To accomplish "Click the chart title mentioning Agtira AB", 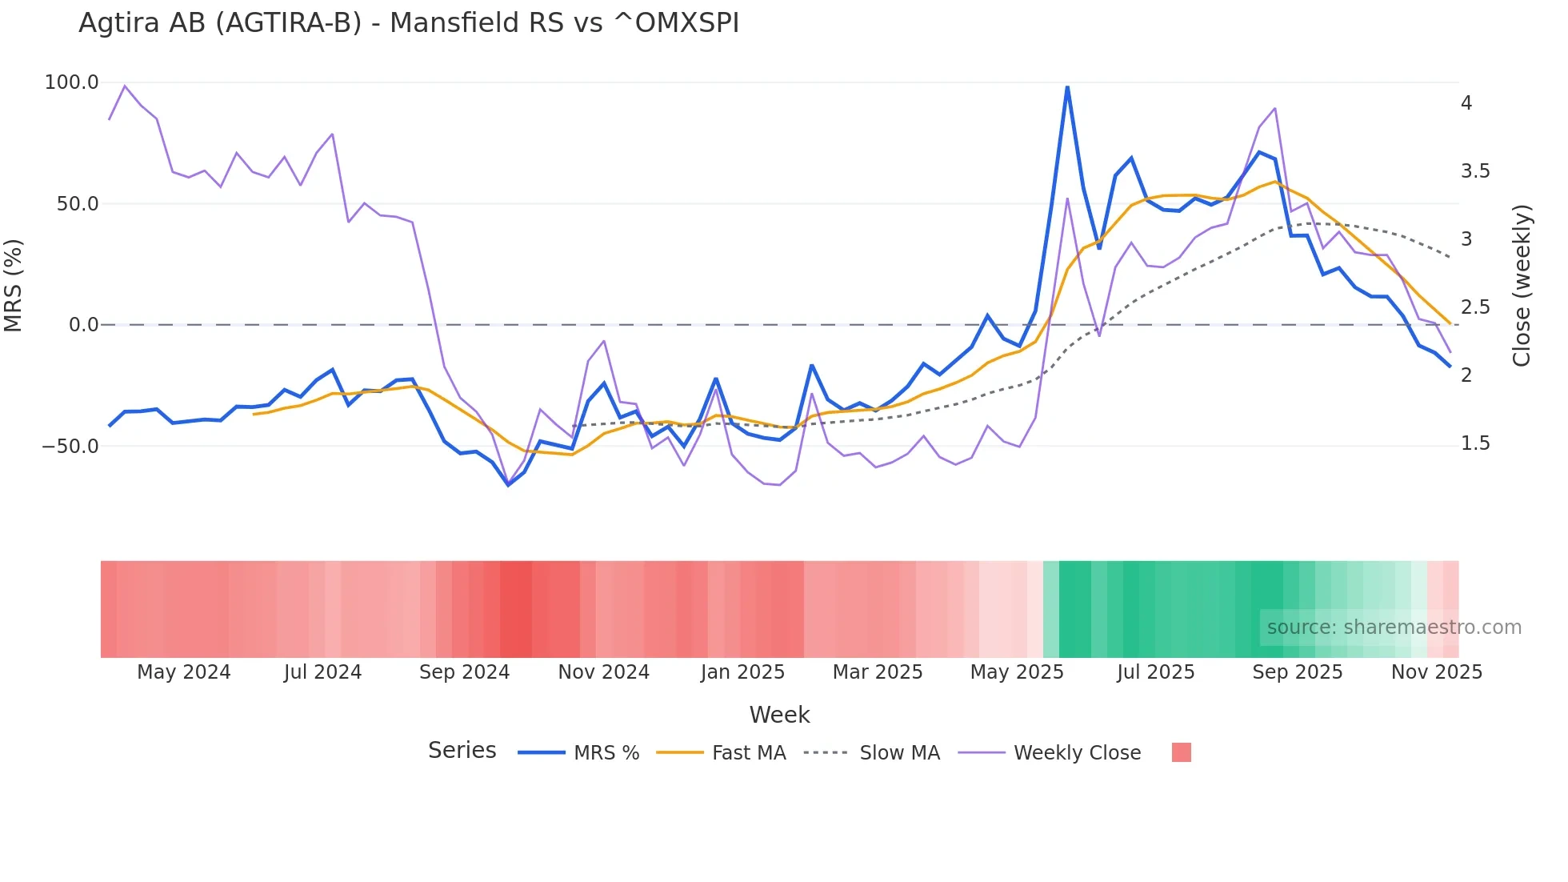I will tap(408, 23).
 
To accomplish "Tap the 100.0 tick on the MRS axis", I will tap(72, 82).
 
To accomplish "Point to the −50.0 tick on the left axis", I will tap(70, 446).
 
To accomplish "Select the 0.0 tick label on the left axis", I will tap(83, 325).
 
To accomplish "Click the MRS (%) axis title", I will tap(14, 285).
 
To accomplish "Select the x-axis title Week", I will tap(779, 715).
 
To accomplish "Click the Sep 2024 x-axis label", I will tap(464, 672).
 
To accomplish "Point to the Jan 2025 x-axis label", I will tap(742, 672).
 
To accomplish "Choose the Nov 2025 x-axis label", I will tap(1436, 672).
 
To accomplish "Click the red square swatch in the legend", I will tap(1181, 752).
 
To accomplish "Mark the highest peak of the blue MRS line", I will tap(1067, 86).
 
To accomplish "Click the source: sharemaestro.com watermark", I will tap(1394, 627).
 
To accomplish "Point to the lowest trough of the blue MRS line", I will tap(508, 485).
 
